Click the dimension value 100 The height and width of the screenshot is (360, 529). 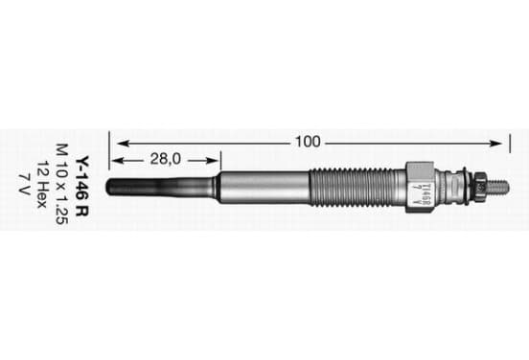[308, 142]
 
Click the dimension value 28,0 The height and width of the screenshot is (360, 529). [166, 159]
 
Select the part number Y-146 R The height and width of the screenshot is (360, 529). [81, 186]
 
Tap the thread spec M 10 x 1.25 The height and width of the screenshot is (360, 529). [62, 184]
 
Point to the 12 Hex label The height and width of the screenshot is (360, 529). [42, 185]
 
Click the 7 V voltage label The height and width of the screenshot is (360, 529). [24, 184]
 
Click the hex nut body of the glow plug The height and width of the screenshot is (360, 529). [420, 187]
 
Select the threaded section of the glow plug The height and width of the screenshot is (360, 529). [357, 187]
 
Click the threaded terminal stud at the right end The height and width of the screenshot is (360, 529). [497, 187]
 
